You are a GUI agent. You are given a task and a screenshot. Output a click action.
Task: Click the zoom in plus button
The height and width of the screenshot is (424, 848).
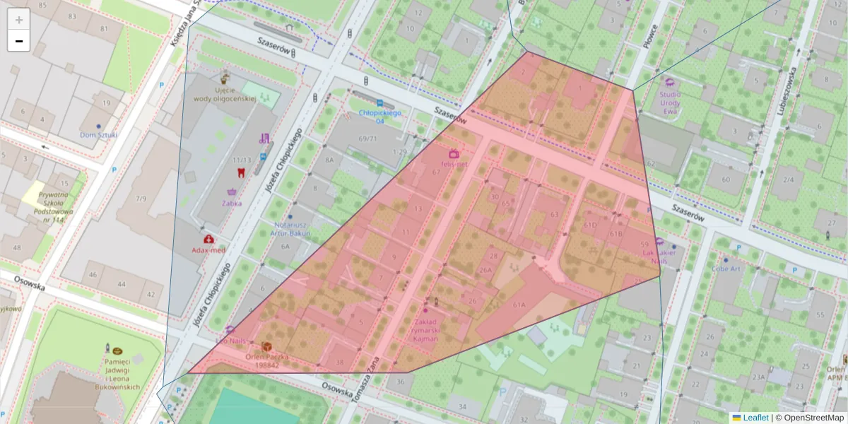19,19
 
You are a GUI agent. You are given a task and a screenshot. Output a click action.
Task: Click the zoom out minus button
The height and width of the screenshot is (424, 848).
19,41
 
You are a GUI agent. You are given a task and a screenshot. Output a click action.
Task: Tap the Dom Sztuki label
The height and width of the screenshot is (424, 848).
98,135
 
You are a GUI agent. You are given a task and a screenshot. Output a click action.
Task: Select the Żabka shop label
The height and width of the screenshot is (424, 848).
232,203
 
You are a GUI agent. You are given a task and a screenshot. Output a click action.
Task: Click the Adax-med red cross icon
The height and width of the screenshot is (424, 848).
208,240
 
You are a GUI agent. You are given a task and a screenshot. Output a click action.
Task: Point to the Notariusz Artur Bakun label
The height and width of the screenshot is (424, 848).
292,229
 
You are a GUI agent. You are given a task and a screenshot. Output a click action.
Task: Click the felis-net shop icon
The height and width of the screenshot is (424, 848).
454,153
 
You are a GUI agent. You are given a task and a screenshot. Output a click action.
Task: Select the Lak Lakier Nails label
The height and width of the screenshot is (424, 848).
659,256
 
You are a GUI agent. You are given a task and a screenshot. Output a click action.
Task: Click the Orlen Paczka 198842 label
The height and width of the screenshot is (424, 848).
267,361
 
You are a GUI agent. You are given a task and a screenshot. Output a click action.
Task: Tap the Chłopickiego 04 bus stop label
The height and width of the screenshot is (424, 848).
380,117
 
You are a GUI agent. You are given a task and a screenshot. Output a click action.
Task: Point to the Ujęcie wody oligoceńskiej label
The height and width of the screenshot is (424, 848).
225,95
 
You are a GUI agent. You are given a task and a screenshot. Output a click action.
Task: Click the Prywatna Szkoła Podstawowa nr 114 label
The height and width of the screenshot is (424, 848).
53,207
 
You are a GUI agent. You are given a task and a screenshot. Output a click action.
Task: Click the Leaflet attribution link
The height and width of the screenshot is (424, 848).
755,418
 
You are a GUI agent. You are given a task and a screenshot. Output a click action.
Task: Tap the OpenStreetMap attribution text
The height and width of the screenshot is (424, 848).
813,418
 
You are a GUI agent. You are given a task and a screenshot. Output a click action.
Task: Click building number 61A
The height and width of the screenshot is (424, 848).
519,305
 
